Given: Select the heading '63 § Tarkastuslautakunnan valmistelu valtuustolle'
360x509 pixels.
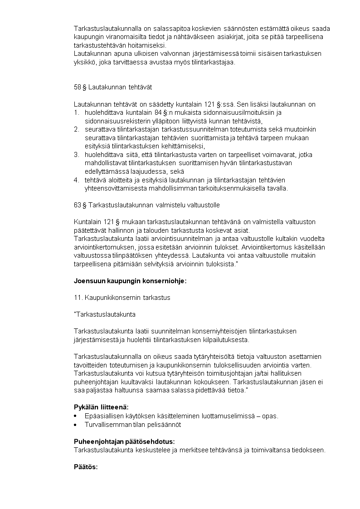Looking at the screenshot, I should pos(146,205).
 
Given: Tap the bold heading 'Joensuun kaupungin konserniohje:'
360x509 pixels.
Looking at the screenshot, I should pos(130,281).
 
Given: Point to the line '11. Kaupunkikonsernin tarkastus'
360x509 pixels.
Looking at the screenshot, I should pos(122,298).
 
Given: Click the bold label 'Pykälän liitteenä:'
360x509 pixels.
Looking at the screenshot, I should pos(101,407).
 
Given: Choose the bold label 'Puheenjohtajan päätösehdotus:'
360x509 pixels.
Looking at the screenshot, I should pos(124,441).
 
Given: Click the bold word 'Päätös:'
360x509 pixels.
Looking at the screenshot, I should pos(86,467).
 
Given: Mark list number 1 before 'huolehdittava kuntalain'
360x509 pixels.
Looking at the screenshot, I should pos(76,113).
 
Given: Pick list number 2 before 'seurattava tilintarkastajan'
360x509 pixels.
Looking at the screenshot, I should pos(76,129).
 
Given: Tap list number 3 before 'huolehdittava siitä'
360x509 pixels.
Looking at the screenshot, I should pos(76,155).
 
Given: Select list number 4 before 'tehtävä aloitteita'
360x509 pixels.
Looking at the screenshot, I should pos(76,180).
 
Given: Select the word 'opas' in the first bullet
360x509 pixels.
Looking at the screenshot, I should pos(270,416).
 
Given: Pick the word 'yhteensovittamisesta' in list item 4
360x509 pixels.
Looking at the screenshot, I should pos(113,188).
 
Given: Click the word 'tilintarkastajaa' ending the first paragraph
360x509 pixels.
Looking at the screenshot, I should pos(215,62).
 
